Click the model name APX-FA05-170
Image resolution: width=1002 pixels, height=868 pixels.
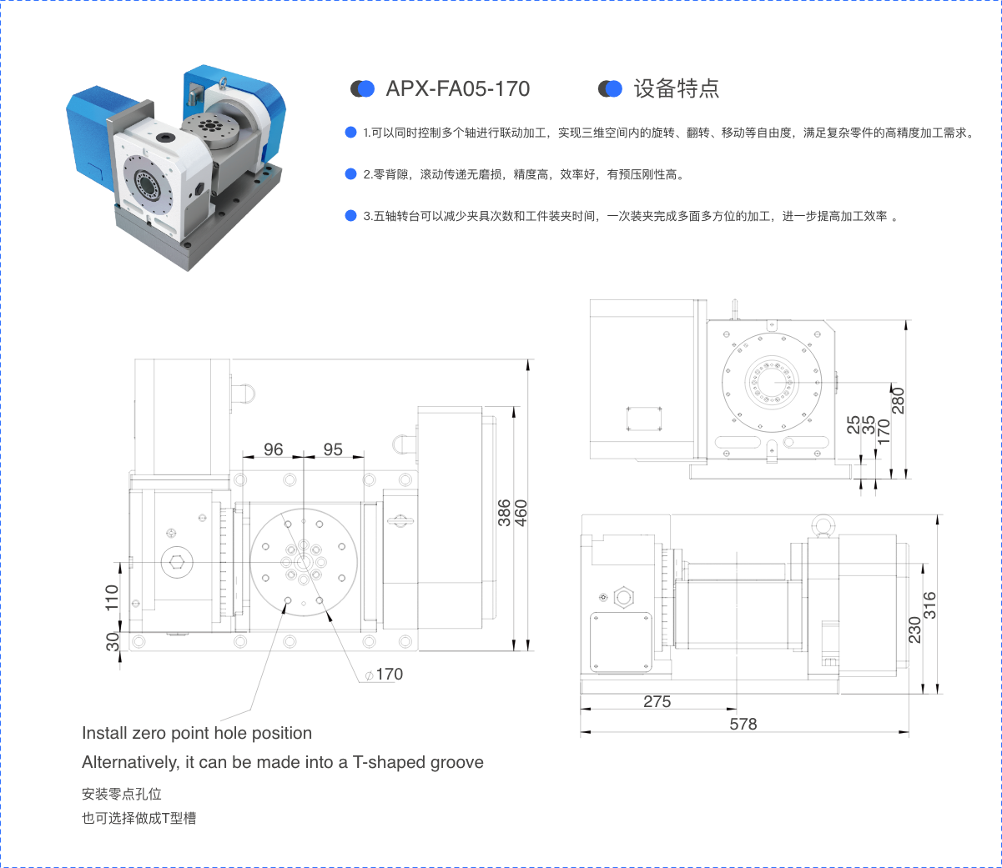click(457, 88)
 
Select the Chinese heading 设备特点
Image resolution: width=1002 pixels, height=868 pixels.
click(677, 88)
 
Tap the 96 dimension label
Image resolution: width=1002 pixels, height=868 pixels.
click(274, 449)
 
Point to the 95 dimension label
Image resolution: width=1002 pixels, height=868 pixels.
click(333, 449)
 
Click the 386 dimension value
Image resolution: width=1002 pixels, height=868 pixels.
click(504, 513)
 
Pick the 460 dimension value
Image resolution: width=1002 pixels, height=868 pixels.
click(521, 513)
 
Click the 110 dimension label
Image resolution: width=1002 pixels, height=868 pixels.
click(112, 598)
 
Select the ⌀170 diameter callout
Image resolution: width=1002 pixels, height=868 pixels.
click(384, 675)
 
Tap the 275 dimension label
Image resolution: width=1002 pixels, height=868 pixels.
click(657, 701)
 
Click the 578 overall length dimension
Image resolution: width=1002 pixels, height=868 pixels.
click(743, 724)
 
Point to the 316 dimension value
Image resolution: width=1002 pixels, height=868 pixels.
click(929, 605)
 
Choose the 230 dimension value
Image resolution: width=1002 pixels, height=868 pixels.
click(914, 630)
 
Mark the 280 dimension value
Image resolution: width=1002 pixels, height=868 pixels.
click(899, 400)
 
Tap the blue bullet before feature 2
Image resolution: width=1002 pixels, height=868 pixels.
click(350, 174)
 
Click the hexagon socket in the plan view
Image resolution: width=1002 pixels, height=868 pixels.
click(176, 562)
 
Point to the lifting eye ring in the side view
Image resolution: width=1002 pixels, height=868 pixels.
click(823, 525)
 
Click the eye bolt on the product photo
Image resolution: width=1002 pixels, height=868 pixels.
click(223, 83)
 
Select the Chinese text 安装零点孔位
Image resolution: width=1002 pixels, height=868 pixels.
click(122, 795)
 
